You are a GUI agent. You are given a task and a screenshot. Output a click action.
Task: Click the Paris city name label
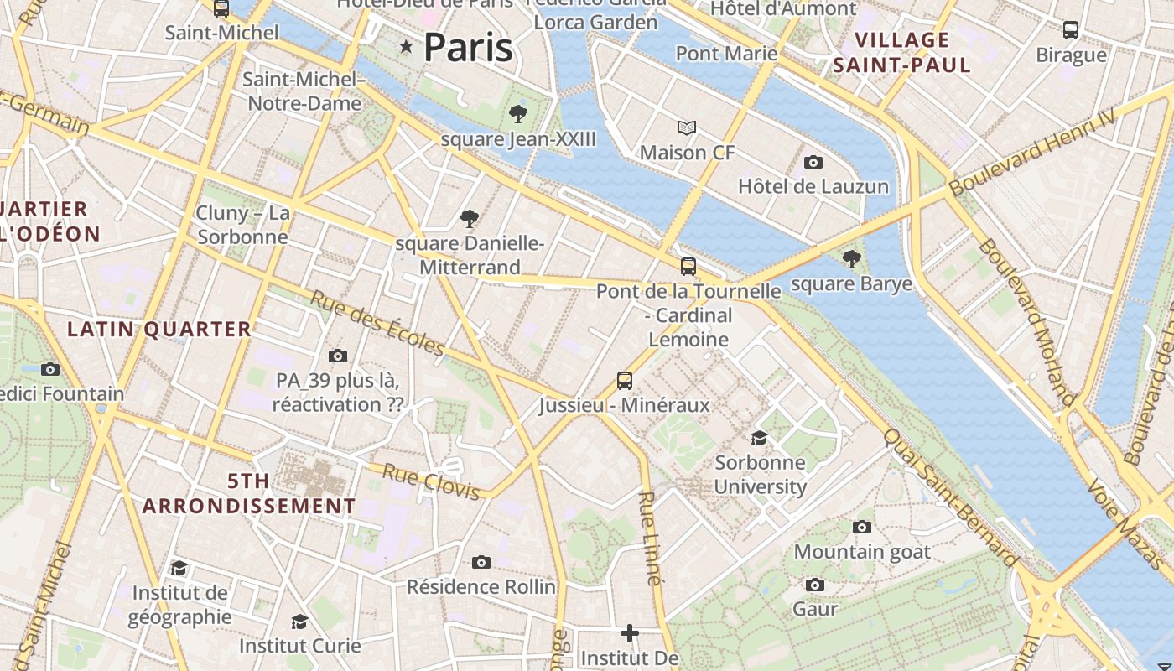(468, 47)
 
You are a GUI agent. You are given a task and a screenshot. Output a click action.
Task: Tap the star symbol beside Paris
(407, 47)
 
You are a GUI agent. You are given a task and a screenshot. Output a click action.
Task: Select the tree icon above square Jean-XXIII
(518, 114)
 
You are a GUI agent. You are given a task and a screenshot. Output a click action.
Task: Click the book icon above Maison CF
(687, 128)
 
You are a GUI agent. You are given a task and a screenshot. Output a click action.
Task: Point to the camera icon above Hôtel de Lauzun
(813, 162)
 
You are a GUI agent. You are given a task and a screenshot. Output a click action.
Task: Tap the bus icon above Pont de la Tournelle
(688, 267)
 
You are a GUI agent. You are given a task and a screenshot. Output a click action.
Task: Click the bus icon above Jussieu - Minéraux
(625, 380)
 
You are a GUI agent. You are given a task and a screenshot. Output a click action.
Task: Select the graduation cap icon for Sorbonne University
(759, 438)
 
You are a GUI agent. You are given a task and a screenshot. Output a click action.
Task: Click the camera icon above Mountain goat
(862, 527)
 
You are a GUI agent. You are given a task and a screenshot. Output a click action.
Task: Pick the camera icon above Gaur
(814, 585)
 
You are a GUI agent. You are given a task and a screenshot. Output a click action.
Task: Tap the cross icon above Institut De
(630, 633)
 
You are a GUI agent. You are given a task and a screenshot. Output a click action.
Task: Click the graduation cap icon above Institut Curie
(299, 622)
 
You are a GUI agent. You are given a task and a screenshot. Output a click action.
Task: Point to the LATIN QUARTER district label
(159, 330)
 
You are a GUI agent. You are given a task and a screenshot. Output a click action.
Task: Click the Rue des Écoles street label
(377, 323)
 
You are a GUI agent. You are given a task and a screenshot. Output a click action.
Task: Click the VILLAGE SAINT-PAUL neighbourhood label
(901, 52)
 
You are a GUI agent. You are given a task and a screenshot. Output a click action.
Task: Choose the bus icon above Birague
(1071, 30)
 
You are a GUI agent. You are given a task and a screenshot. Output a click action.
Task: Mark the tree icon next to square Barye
(852, 259)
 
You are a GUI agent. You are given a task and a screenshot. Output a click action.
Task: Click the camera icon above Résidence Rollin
(481, 562)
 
